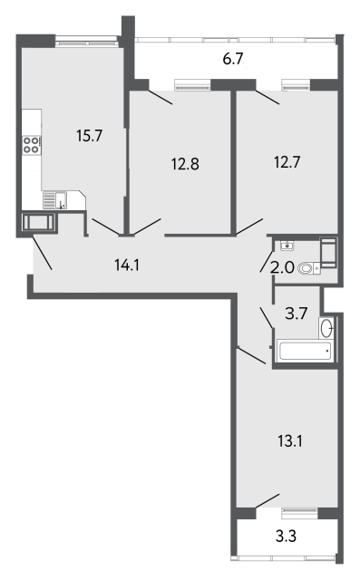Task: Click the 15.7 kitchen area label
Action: click(89, 136)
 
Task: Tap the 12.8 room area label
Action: click(185, 163)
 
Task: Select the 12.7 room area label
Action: click(287, 162)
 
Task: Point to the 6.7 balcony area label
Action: click(233, 59)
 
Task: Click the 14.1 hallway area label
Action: click(127, 266)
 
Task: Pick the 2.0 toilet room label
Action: click(282, 267)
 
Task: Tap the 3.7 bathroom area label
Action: click(297, 314)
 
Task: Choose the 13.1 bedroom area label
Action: click(290, 441)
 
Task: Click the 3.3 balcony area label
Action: click(286, 536)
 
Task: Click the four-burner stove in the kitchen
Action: click(32, 145)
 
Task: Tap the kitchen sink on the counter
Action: click(55, 200)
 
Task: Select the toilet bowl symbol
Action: click(308, 268)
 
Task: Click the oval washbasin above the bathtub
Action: click(326, 328)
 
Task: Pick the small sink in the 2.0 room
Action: click(287, 246)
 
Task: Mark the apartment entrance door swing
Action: click(42, 253)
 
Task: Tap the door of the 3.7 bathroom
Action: click(267, 317)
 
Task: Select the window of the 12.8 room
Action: click(192, 85)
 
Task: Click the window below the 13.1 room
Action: click(300, 514)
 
